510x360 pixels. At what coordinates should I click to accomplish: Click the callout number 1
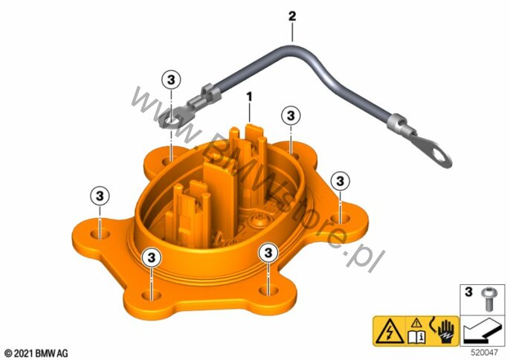pos(249,97)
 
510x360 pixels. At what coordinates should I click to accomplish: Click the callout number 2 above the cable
pos(292,16)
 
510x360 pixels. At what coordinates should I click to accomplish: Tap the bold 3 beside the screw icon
pos(468,292)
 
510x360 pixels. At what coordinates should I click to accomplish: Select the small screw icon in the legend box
pos(487,298)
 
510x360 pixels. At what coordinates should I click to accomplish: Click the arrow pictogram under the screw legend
pos(480,331)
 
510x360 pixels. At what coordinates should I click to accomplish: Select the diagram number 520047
pos(485,353)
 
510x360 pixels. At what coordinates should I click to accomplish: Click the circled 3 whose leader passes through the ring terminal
pos(171,80)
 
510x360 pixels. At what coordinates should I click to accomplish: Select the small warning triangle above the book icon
pos(416,324)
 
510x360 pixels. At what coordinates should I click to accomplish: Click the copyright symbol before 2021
pos(9,353)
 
